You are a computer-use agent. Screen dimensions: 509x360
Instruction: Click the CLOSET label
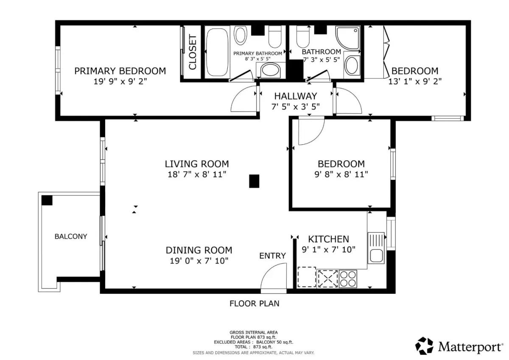(193, 52)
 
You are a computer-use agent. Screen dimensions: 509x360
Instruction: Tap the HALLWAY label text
(295, 96)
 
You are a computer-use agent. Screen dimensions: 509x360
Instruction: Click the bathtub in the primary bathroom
(217, 52)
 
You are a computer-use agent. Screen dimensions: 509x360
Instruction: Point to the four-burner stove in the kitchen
(348, 279)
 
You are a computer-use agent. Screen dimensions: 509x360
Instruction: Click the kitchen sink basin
(376, 256)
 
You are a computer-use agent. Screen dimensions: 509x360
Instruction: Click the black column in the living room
(254, 181)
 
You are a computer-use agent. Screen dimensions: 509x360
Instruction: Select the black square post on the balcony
(47, 200)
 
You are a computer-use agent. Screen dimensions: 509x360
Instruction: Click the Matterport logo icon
(424, 346)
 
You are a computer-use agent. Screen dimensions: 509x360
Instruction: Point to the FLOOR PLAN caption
(254, 304)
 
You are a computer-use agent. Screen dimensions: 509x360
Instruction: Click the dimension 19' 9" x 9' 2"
(120, 81)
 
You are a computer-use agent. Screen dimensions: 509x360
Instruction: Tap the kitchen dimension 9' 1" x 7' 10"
(328, 250)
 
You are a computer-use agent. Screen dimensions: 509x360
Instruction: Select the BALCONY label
(71, 237)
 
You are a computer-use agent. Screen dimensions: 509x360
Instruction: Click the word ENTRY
(272, 256)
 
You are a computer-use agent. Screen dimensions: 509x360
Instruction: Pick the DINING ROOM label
(199, 250)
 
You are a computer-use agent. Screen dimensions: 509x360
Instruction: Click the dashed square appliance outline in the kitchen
(307, 277)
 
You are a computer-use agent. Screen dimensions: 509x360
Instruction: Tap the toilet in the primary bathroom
(275, 36)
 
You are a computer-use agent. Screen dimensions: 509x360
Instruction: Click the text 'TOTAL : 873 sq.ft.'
(253, 347)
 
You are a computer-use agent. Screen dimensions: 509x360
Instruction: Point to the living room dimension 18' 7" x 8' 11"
(197, 174)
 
